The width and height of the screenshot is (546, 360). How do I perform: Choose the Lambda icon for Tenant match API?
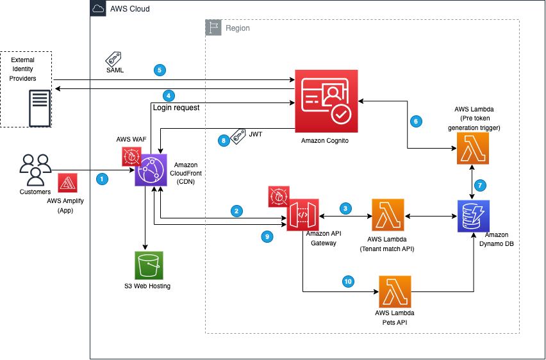(x=388, y=217)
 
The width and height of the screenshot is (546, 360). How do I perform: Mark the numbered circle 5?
(x=160, y=70)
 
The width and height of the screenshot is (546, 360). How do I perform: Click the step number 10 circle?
(x=348, y=281)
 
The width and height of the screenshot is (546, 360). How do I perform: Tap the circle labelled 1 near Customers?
(x=102, y=180)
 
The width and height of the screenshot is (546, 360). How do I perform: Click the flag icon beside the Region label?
(x=212, y=28)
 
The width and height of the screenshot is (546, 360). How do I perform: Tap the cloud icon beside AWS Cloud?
(x=98, y=9)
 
